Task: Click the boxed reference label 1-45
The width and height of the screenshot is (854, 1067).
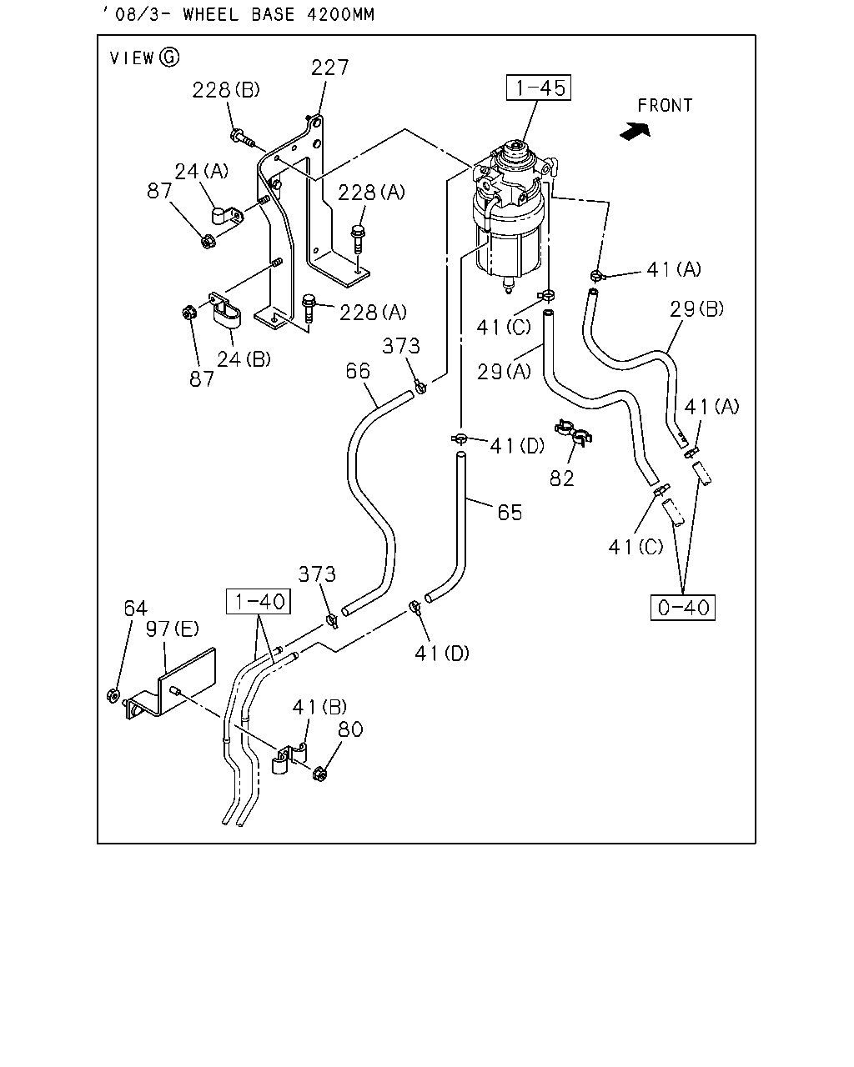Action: tap(539, 88)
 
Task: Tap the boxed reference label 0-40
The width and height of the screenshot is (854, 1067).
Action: tap(683, 608)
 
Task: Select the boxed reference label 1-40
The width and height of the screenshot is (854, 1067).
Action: tap(258, 601)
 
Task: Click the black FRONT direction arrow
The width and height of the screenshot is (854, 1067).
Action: tap(635, 132)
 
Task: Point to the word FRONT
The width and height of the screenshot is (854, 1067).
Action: tap(665, 106)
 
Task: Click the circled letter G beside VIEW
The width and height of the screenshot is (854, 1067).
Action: tap(169, 58)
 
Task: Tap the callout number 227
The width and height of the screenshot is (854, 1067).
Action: tap(330, 68)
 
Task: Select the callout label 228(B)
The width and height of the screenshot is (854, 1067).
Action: tap(226, 90)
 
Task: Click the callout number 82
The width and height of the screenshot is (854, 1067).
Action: tap(562, 478)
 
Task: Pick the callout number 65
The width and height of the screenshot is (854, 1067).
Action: tap(510, 513)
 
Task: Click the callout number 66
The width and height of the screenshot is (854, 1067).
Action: tap(358, 371)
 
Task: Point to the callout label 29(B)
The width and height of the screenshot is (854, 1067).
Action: tap(696, 309)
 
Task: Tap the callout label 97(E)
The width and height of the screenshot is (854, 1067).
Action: tap(172, 629)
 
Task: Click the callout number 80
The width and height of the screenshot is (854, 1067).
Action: tap(350, 729)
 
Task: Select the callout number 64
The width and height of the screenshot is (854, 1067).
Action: tap(135, 608)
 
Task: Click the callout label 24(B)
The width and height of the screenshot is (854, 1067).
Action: tap(244, 359)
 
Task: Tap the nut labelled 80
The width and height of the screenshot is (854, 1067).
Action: tap(320, 774)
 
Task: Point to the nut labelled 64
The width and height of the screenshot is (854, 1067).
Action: tap(113, 695)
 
